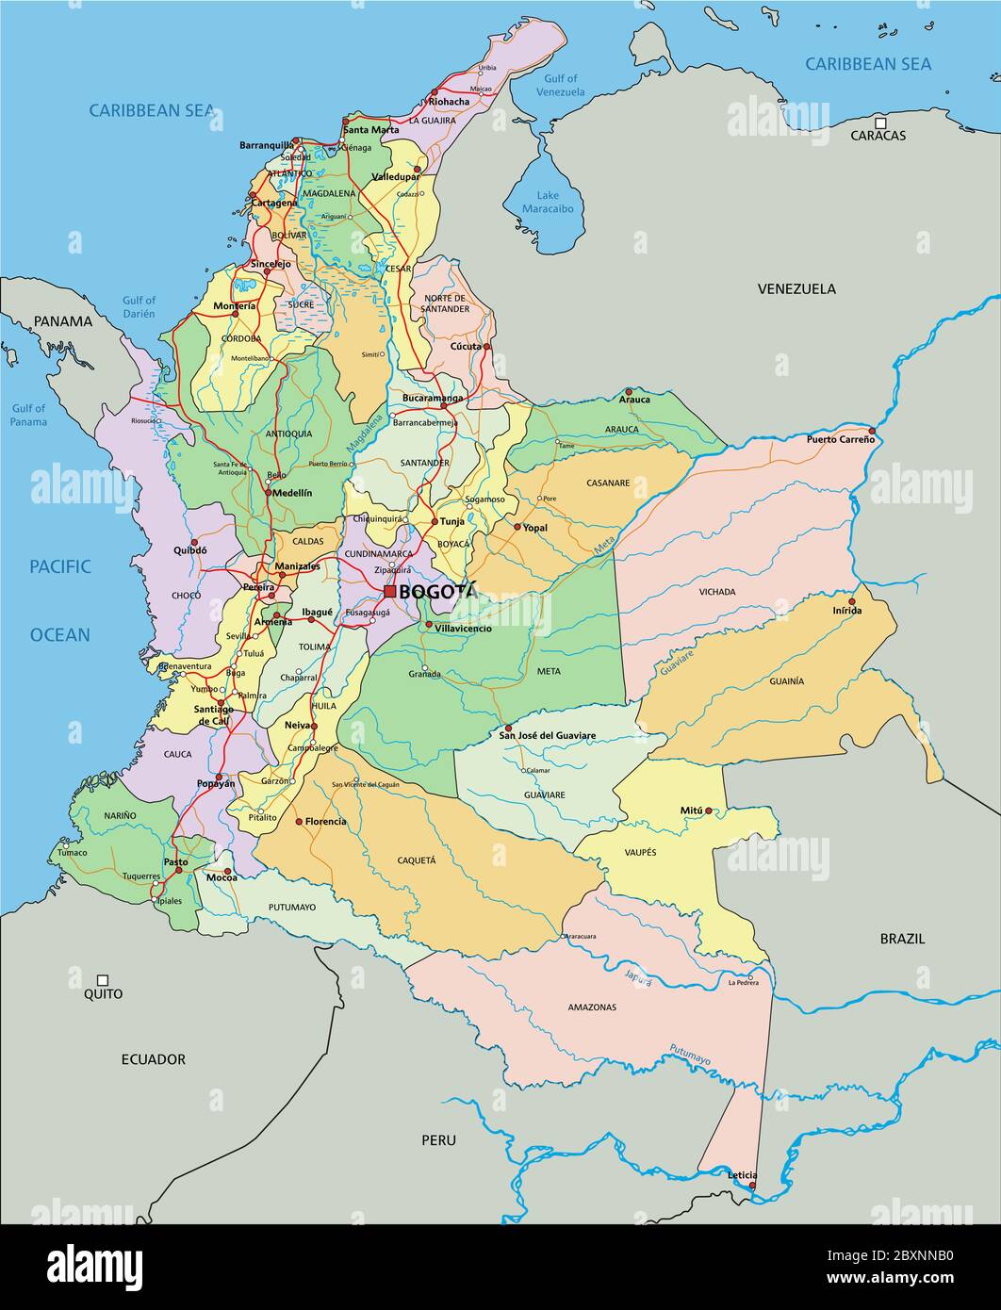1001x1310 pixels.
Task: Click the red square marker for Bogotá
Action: [x=389, y=592]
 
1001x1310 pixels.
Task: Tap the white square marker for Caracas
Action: [x=879, y=123]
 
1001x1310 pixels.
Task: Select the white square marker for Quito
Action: [x=103, y=980]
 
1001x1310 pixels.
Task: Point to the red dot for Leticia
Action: [x=752, y=1187]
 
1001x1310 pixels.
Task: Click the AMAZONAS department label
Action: [x=592, y=1007]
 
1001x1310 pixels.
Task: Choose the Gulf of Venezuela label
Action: [x=561, y=86]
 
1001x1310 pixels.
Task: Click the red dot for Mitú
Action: [x=709, y=811]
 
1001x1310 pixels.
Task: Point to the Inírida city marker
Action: [x=851, y=600]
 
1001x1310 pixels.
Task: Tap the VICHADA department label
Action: [x=717, y=592]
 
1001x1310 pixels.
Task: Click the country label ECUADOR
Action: [x=153, y=1059]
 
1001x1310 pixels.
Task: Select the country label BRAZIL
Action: [x=902, y=939]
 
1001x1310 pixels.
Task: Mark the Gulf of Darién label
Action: [x=139, y=307]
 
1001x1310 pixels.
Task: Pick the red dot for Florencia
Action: [x=300, y=822]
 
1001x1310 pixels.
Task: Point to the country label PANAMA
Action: [x=63, y=321]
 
